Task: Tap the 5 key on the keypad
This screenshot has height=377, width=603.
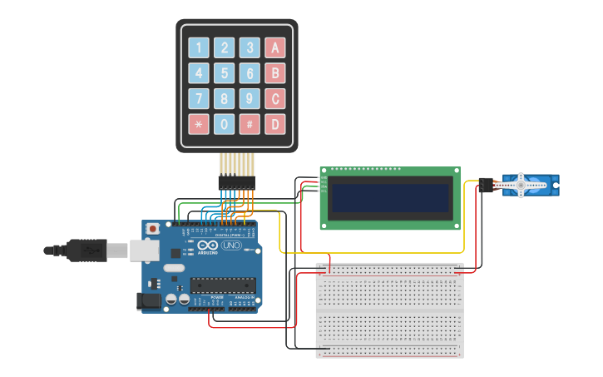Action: [224, 73]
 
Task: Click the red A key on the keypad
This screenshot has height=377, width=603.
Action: [275, 47]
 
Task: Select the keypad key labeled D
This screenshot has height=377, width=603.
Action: [275, 125]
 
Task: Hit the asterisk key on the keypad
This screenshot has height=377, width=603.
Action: [198, 125]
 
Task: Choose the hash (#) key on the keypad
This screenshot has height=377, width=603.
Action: [250, 125]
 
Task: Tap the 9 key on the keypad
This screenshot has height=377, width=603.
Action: [250, 99]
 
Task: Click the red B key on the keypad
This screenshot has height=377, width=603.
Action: [275, 73]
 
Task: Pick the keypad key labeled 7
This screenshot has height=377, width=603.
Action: [198, 99]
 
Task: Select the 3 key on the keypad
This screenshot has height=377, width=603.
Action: [250, 47]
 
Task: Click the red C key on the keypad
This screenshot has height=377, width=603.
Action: [275, 99]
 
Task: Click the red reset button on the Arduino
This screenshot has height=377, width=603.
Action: [151, 228]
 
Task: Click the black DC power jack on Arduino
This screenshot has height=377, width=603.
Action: [149, 301]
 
